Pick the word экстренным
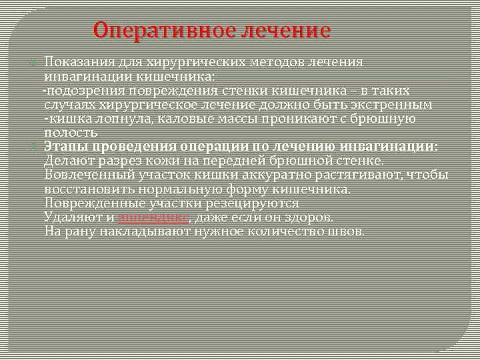(394, 105)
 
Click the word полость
(66, 133)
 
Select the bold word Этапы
(64, 147)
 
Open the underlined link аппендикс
(154, 217)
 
